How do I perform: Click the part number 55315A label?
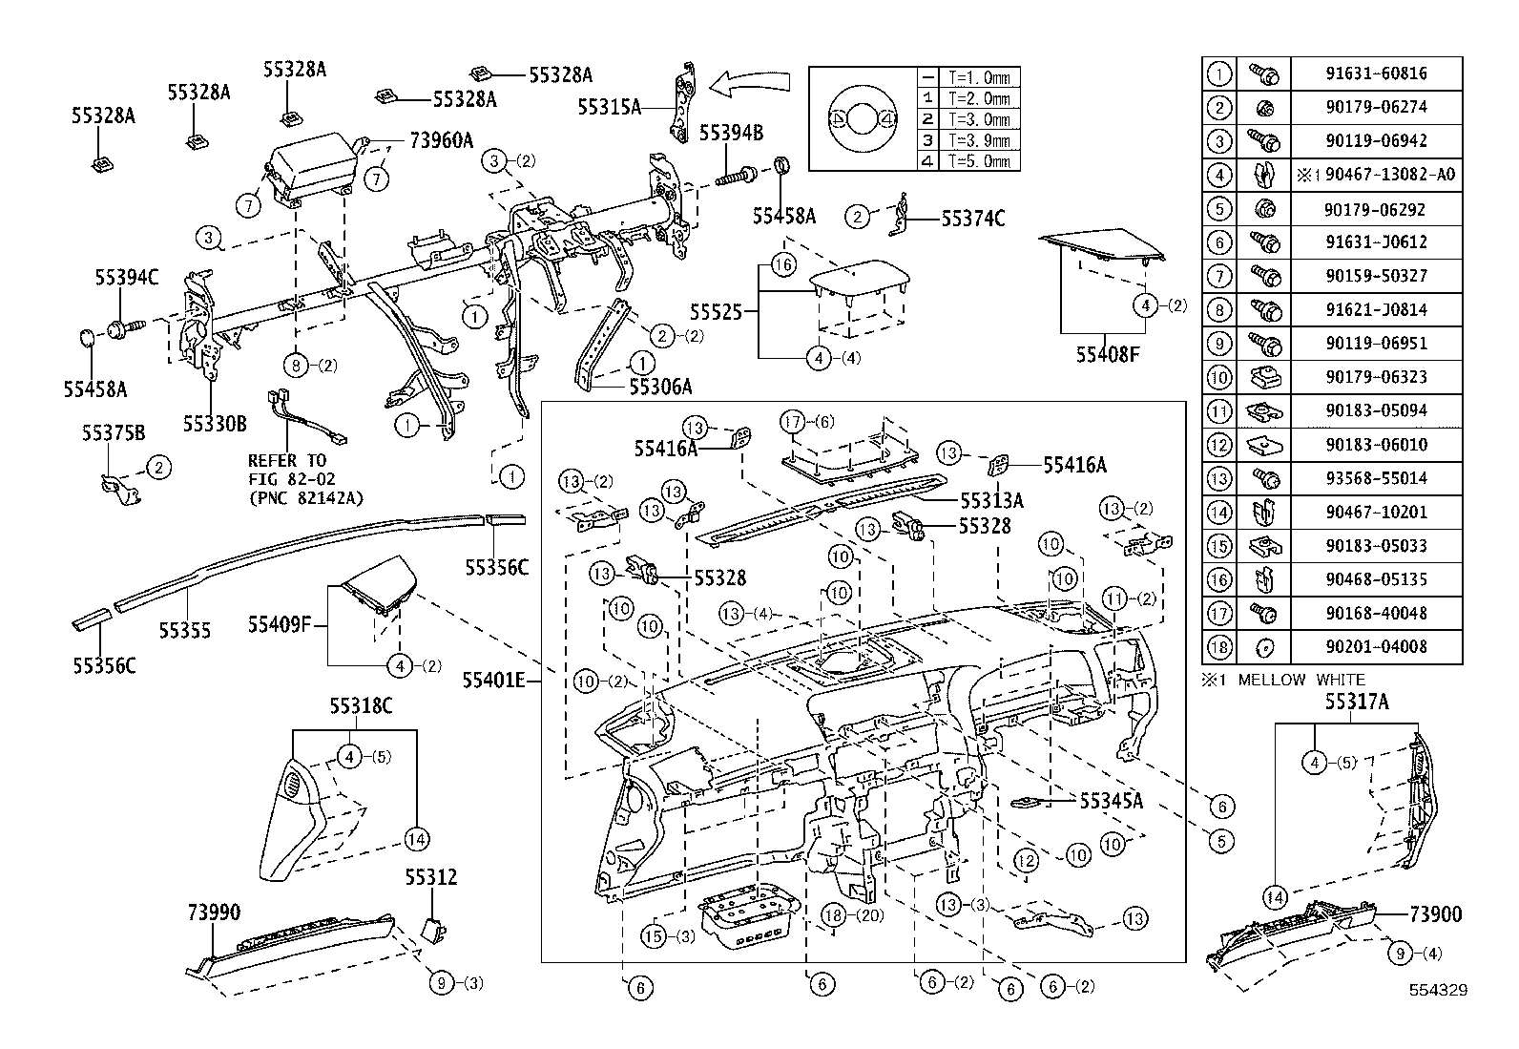[x=609, y=108]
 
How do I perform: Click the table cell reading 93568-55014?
[x=1376, y=478]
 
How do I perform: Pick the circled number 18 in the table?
[x=1219, y=647]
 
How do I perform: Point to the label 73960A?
[x=441, y=140]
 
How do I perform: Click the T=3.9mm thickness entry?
[x=978, y=141]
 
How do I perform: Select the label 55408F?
[x=1107, y=355]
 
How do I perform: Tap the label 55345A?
[x=1111, y=801]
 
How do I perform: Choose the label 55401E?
[x=493, y=681]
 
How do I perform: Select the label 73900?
[x=1435, y=914]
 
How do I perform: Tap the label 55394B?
[x=731, y=133]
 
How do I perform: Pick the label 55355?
[x=185, y=630]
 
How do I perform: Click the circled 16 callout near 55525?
[x=782, y=265]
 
